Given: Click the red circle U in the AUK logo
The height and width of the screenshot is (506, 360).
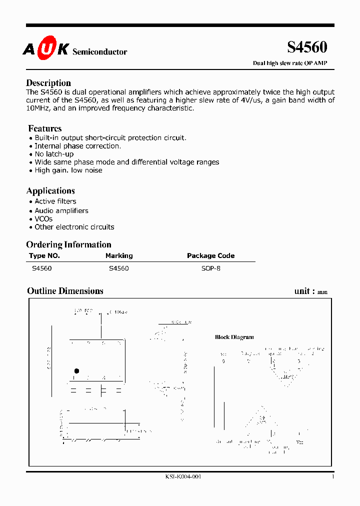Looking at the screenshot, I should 46,48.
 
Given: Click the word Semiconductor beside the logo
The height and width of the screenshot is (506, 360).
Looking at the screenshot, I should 99,52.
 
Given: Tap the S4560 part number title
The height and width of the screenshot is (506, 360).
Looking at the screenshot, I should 307,47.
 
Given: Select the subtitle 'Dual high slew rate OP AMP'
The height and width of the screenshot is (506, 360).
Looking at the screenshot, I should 290,63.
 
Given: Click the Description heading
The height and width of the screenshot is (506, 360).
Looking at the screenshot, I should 48,83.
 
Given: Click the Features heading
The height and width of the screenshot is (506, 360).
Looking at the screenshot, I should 45,128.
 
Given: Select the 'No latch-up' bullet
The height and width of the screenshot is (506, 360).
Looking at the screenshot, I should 54,154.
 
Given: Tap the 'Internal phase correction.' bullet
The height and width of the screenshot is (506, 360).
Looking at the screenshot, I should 77,146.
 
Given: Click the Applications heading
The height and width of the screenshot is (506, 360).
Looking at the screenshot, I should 50,191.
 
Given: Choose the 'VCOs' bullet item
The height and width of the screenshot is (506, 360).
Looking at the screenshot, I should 43,219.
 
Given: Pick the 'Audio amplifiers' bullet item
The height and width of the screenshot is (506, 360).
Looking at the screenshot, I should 61,210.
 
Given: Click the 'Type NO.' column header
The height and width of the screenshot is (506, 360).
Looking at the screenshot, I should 44,255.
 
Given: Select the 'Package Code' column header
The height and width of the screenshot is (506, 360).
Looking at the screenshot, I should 210,255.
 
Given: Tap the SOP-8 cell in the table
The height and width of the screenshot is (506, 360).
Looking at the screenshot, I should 210,268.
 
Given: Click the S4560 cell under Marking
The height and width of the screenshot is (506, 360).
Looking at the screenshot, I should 118,268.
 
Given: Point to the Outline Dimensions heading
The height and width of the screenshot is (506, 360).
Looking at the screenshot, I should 65,291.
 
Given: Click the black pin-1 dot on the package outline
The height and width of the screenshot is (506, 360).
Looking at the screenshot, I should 76,371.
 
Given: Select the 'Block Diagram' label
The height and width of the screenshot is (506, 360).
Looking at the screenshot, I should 234,337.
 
